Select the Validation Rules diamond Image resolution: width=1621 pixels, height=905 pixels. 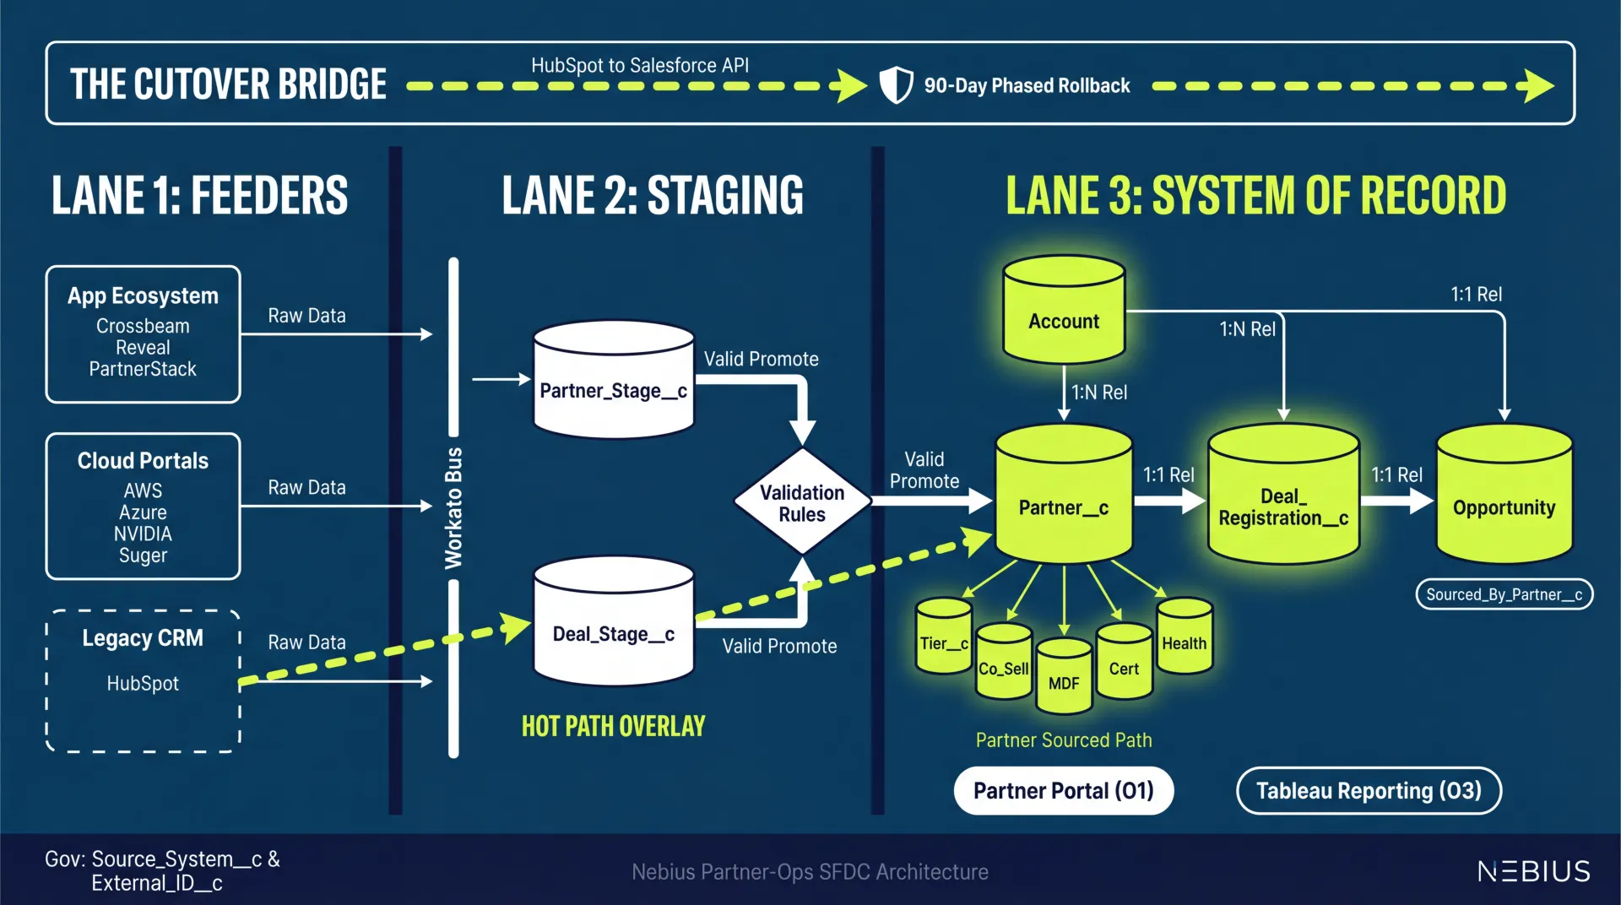click(x=802, y=502)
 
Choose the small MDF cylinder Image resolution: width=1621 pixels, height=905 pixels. click(x=1064, y=678)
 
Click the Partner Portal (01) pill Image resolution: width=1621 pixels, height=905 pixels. click(x=1064, y=791)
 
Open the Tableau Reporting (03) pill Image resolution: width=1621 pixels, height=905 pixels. click(x=1369, y=791)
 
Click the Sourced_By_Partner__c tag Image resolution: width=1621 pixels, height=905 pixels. click(x=1504, y=594)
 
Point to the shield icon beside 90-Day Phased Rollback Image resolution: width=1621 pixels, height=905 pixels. click(x=896, y=85)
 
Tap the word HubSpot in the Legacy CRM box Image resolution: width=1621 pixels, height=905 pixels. click(x=143, y=684)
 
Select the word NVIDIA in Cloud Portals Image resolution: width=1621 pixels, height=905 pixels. click(x=143, y=534)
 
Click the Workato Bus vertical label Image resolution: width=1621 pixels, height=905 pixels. click(x=454, y=508)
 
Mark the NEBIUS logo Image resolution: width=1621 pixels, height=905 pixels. click(x=1533, y=871)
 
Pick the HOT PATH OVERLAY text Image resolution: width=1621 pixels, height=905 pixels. click(x=614, y=726)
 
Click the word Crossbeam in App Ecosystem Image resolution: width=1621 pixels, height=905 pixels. click(x=143, y=326)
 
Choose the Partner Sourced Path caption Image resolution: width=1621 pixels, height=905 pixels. click(x=1064, y=740)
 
